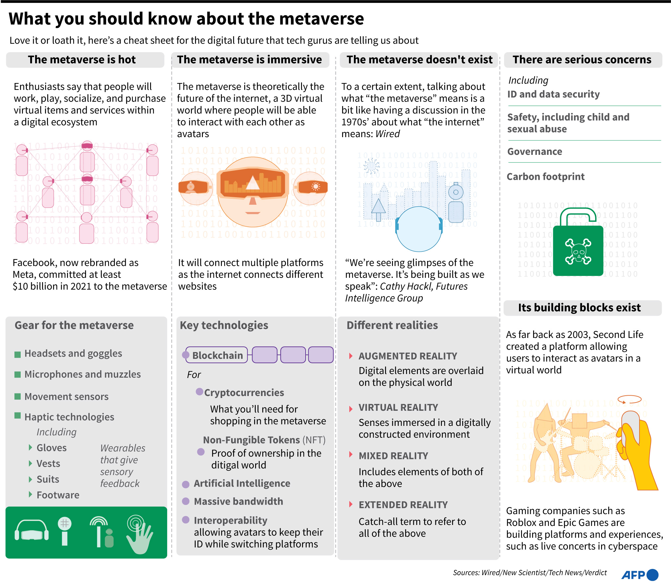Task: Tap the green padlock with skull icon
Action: (578, 248)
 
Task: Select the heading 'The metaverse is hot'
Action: (82, 60)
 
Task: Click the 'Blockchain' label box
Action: (217, 355)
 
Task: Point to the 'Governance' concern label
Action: (534, 152)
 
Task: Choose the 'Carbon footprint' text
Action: (545, 177)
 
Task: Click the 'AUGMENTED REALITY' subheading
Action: (408, 356)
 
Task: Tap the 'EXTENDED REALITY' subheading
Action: (403, 505)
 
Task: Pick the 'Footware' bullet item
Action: (58, 495)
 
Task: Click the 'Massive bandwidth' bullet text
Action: (238, 501)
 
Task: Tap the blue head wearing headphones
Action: (419, 230)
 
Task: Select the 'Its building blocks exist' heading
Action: (579, 308)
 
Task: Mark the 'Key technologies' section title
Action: (224, 325)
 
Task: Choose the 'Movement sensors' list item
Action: (66, 396)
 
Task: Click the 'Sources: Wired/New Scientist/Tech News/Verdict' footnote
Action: (530, 573)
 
